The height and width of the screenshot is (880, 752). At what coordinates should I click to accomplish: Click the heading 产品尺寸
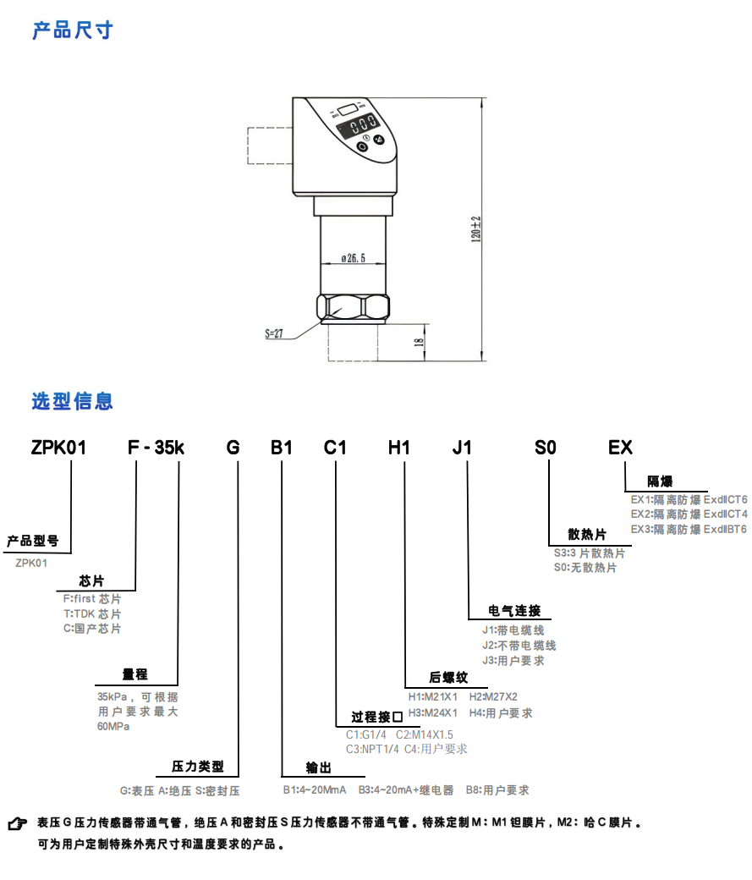pos(73,31)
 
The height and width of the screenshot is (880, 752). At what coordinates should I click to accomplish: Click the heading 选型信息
pos(73,401)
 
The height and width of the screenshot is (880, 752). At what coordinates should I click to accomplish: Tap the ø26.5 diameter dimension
pos(353,259)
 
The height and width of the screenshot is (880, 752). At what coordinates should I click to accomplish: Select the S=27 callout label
pos(272,334)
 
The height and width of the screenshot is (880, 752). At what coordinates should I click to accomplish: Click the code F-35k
pos(156,448)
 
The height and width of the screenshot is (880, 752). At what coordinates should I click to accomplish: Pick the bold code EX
pos(620,448)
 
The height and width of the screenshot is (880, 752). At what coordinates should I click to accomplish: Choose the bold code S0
pos(546,448)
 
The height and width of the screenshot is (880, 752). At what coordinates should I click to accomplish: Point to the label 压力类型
pos(198,767)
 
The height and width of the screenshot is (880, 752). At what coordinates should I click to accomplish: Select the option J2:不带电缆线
pos(519,646)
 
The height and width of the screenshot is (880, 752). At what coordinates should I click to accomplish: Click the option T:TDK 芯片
pos(92,613)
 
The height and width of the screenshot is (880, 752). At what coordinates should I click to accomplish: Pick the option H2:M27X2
pos(493,696)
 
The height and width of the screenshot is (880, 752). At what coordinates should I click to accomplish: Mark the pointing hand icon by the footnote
pos(16,823)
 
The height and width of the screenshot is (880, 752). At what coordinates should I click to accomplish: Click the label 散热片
pos(586,535)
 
